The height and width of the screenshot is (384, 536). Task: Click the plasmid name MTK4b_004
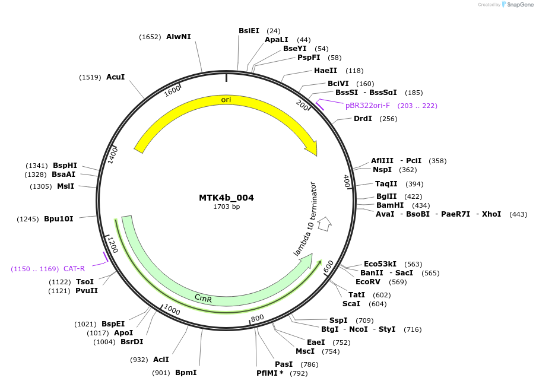[x=226, y=198]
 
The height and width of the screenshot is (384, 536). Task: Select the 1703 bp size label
[x=226, y=207]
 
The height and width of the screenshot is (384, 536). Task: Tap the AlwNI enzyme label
[x=178, y=37]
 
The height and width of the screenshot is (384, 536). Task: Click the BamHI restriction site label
[x=390, y=205]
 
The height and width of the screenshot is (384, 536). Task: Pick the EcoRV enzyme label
[x=368, y=282]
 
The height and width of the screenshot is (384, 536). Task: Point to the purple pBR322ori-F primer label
[x=367, y=106]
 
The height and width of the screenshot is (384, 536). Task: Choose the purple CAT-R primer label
[x=74, y=269]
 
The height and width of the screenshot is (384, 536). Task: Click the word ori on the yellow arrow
[x=226, y=100]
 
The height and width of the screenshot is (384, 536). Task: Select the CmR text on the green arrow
[x=203, y=297]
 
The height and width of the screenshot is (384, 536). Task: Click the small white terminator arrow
[x=324, y=224]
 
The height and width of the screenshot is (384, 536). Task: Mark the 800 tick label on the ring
[x=257, y=318]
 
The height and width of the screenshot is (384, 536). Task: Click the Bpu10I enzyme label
[x=59, y=219]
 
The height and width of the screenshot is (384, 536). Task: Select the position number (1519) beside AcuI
[x=90, y=78]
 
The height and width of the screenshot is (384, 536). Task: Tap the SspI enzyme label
[x=338, y=320]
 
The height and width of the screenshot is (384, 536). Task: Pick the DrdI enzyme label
[x=363, y=119]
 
